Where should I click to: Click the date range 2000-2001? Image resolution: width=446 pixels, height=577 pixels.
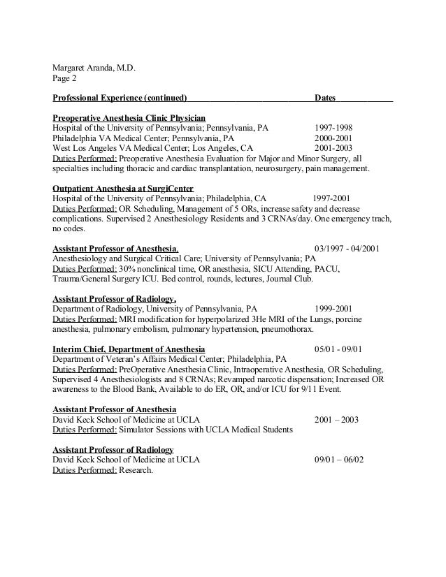click(333, 139)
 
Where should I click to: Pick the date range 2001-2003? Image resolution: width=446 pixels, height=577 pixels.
click(333, 149)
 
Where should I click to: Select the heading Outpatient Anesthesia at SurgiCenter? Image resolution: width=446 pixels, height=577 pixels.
click(123, 189)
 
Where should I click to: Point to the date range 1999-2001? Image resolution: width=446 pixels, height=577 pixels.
click(333, 307)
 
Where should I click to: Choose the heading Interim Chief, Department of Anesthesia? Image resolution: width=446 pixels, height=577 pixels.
click(129, 348)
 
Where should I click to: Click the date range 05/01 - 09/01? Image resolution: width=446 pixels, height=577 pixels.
click(339, 348)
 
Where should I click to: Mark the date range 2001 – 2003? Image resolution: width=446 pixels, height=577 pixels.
click(336, 420)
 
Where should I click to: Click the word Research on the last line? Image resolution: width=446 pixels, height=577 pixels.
click(135, 470)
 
